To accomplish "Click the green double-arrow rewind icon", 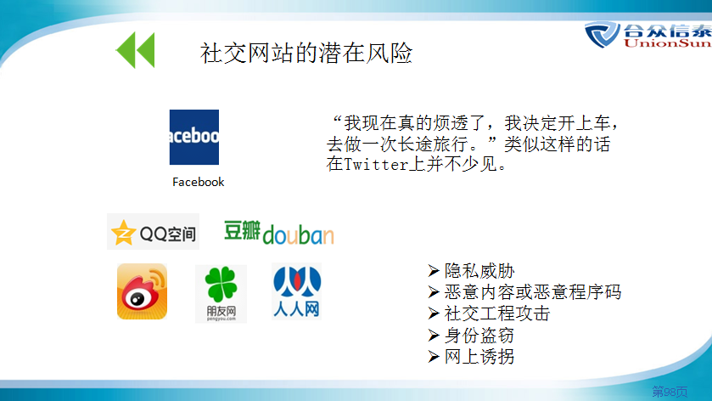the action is pyautogui.click(x=135, y=50).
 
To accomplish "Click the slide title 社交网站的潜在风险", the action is pyautogui.click(x=306, y=53).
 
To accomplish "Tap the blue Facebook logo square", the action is pyautogui.click(x=193, y=137).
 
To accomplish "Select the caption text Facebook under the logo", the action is pyautogui.click(x=198, y=182).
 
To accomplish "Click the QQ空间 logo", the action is pyautogui.click(x=153, y=231).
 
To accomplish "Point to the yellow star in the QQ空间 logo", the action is pyautogui.click(x=123, y=233).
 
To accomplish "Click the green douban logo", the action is pyautogui.click(x=279, y=233).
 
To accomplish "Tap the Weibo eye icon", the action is pyautogui.click(x=142, y=291).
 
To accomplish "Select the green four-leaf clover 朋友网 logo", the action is pyautogui.click(x=221, y=294).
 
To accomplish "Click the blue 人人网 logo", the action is pyautogui.click(x=297, y=291).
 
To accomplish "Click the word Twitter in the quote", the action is pyautogui.click(x=377, y=164).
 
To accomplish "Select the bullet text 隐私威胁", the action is pyautogui.click(x=479, y=271).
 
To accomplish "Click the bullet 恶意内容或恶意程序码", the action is pyautogui.click(x=533, y=292).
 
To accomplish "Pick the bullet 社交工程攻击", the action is pyautogui.click(x=497, y=313).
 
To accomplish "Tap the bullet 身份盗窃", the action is pyautogui.click(x=479, y=336).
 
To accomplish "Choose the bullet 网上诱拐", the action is pyautogui.click(x=479, y=357).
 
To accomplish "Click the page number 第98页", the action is pyautogui.click(x=670, y=392).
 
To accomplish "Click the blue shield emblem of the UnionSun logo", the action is pyautogui.click(x=603, y=35).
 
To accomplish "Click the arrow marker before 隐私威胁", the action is pyautogui.click(x=434, y=271).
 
